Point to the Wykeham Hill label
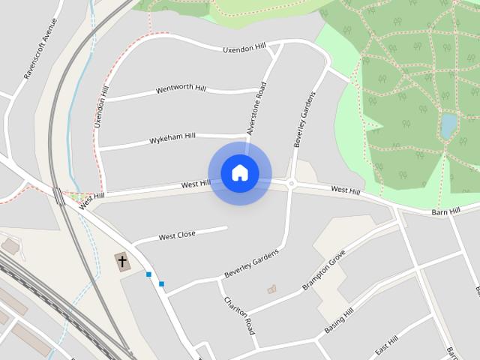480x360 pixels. tap(172, 139)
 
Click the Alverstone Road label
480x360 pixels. tap(257, 108)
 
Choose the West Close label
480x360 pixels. tap(177, 235)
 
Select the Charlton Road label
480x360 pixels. tap(239, 316)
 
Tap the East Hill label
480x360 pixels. tap(387, 346)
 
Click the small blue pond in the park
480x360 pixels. tap(448, 126)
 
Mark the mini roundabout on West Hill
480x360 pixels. tap(291, 183)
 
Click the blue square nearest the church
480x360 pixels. tap(149, 274)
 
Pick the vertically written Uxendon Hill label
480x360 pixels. tap(101, 104)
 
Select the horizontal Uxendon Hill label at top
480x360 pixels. tap(244, 49)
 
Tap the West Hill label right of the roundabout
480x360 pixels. tap(345, 191)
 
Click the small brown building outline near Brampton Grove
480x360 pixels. tap(271, 289)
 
